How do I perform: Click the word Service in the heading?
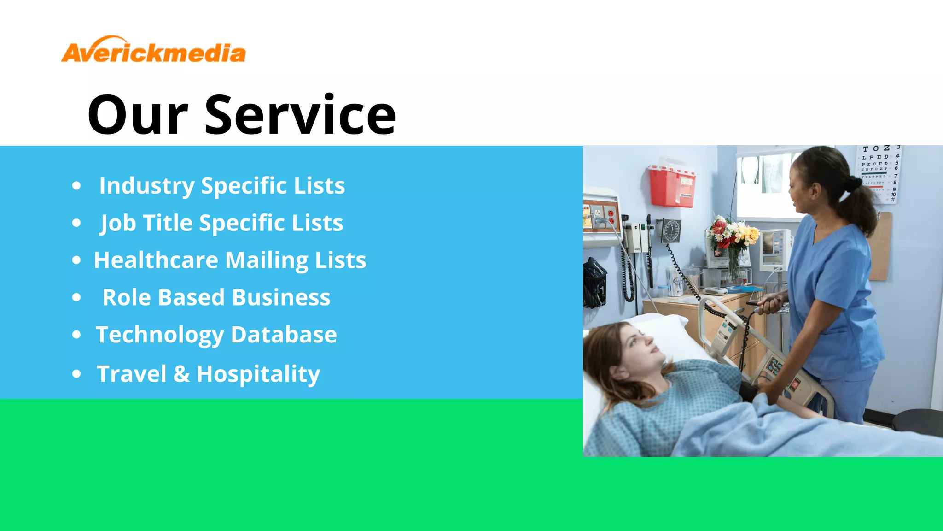pyautogui.click(x=300, y=115)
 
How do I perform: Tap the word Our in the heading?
pyautogui.click(x=138, y=115)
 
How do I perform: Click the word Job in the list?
pyautogui.click(x=118, y=224)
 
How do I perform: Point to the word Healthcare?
pyautogui.click(x=156, y=260)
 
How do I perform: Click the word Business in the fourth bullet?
pyautogui.click(x=281, y=297)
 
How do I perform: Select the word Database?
pyautogui.click(x=284, y=335)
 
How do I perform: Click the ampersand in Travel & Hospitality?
pyautogui.click(x=181, y=374)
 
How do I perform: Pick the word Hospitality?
pyautogui.click(x=258, y=374)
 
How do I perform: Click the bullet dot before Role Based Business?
pyautogui.click(x=76, y=298)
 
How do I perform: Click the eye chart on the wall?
pyautogui.click(x=879, y=173)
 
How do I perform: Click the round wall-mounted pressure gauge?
pyautogui.click(x=671, y=230)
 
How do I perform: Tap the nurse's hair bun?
pyautogui.click(x=853, y=184)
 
